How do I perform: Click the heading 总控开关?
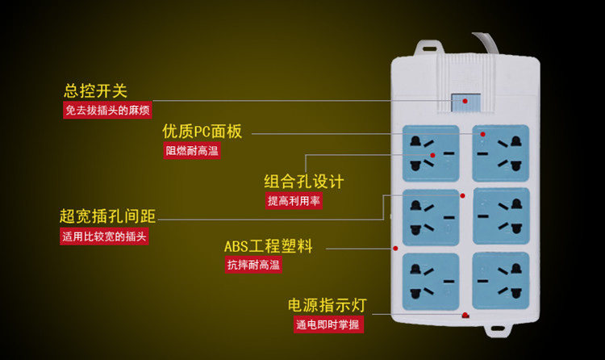pos(95,91)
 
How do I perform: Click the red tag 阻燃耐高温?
pos(192,151)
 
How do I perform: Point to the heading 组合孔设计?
pos(304,182)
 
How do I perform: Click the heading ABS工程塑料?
pos(268,245)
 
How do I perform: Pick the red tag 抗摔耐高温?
pos(253,265)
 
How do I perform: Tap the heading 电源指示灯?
pos(328,305)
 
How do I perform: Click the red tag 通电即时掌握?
pos(328,324)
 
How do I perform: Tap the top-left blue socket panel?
pos(431,153)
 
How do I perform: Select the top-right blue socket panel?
pos(500,153)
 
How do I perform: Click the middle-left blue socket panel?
pos(431,216)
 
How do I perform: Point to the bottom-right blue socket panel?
pos(500,279)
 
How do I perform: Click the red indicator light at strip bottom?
pos(465,316)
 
